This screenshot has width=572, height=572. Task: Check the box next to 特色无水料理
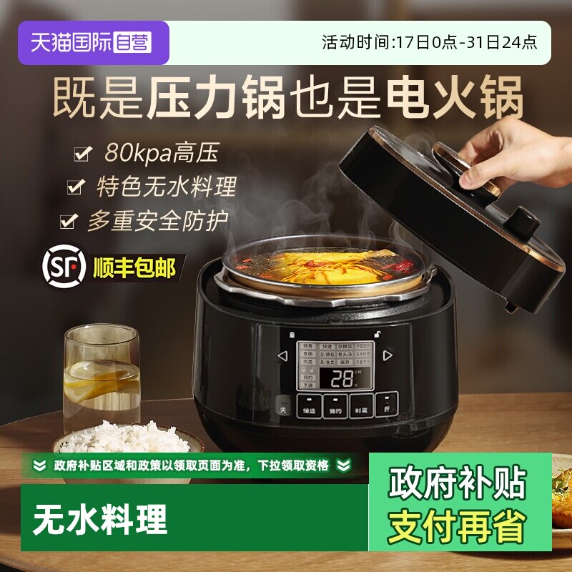[x=75, y=188]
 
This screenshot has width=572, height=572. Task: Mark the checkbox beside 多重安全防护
[x=68, y=221]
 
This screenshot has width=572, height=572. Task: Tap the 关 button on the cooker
[x=282, y=410]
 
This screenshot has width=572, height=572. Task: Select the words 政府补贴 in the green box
[x=457, y=483]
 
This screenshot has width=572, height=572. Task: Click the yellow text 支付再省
[x=457, y=526]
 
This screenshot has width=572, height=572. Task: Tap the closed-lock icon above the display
[x=292, y=334]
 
